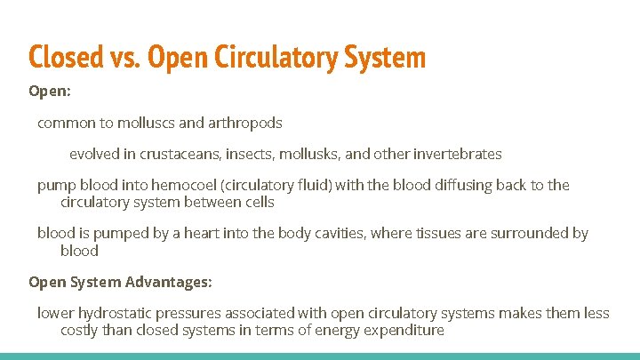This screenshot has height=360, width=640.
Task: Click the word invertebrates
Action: pos(457,154)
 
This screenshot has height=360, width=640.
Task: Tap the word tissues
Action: pos(435,233)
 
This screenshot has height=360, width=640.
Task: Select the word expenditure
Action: pos(402,330)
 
